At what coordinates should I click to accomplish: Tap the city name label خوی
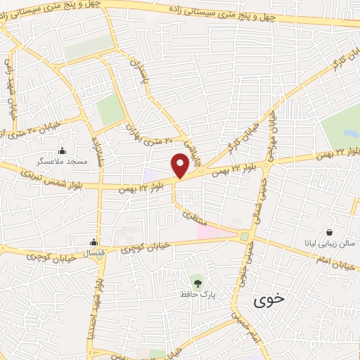(270, 299)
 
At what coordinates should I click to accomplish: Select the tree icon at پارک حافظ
(198, 283)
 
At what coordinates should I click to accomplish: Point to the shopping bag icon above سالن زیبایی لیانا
(330, 232)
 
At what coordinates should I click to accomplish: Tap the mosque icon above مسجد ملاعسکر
(63, 150)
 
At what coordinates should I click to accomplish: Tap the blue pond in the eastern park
(349, 133)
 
